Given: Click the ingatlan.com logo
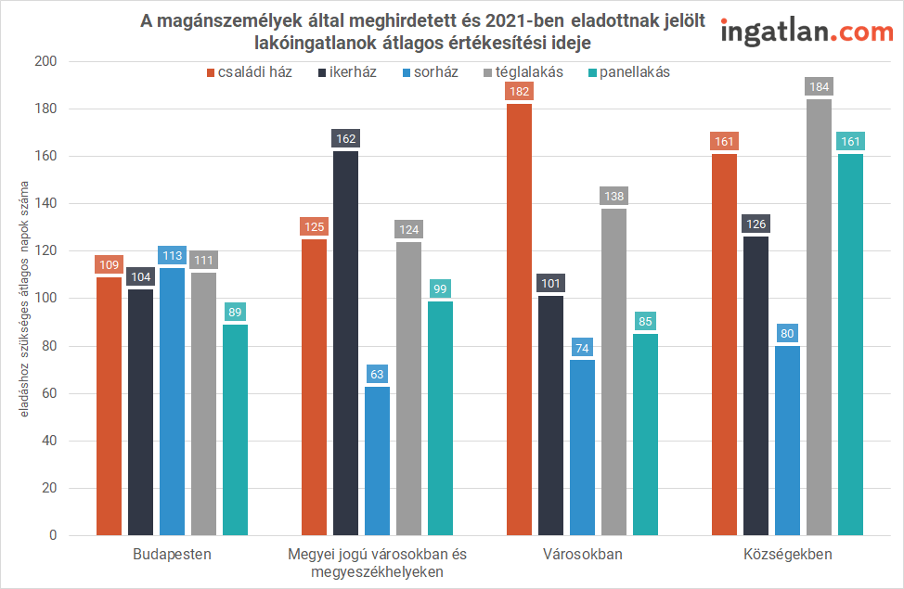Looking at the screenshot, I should (x=807, y=32).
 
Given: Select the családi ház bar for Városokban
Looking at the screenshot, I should (x=519, y=319).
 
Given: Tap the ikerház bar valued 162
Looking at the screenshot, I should (x=345, y=343).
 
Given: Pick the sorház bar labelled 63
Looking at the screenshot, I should (x=377, y=461).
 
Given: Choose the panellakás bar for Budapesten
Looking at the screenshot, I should (x=235, y=429).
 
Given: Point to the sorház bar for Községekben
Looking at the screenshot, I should (x=787, y=441).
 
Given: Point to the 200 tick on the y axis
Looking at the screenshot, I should (x=45, y=61).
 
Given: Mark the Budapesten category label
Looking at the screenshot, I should (x=172, y=555).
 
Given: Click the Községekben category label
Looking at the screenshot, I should (x=787, y=555).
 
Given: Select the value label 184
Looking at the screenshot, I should (x=819, y=87).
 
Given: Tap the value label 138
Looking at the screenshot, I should (x=613, y=197).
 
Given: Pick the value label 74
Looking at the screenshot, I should (x=582, y=348).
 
